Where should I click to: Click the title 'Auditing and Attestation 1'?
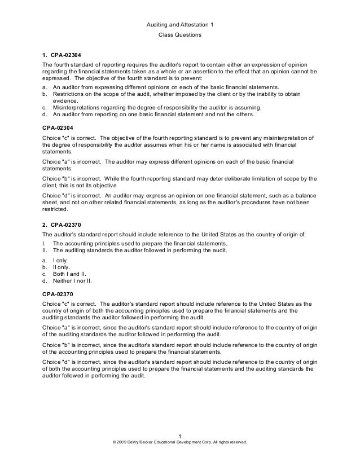(179, 25)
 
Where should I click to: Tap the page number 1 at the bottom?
(179, 435)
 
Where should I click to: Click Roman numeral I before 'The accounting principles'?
(44, 243)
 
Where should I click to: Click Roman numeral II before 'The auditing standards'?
(45, 249)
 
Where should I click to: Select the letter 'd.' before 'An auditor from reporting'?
(45, 114)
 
